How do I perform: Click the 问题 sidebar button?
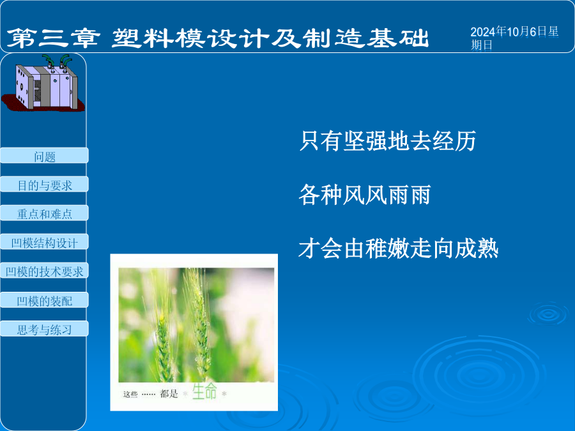click(44, 155)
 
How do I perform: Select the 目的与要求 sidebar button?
click(44, 185)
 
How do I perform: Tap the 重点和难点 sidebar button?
click(44, 213)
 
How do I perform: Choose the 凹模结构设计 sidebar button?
click(44, 242)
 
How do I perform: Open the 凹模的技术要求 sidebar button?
click(44, 271)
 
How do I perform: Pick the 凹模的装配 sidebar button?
click(44, 300)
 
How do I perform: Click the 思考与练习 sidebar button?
click(44, 329)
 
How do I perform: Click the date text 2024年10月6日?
click(509, 32)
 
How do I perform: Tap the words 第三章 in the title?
click(53, 38)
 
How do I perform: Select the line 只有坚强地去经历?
click(388, 140)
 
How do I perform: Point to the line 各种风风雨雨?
click(365, 194)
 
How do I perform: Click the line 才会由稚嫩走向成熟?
click(399, 248)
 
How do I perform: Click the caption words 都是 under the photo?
click(169, 394)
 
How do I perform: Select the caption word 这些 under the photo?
click(130, 395)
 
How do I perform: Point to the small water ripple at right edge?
click(549, 314)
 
